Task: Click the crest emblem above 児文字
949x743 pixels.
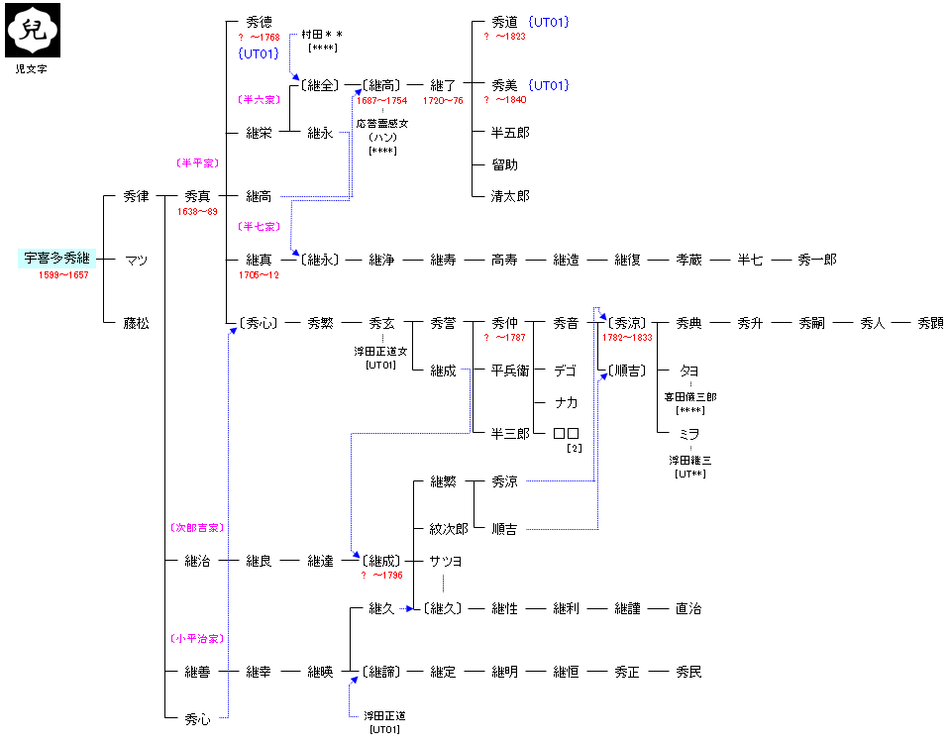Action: tap(33, 31)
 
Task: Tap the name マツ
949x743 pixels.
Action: tap(136, 261)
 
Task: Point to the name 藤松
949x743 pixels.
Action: tap(136, 323)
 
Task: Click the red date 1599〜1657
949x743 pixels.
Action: tap(63, 275)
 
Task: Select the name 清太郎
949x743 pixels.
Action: tap(510, 196)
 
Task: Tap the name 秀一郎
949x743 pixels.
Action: tap(817, 260)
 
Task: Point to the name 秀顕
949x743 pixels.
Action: tap(930, 323)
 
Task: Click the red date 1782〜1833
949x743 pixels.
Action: tap(626, 338)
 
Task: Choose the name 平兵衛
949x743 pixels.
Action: tap(510, 371)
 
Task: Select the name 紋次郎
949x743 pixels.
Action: tap(448, 529)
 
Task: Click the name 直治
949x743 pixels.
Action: tap(688, 608)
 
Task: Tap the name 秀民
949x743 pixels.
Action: tap(688, 672)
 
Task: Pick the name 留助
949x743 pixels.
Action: tap(504, 164)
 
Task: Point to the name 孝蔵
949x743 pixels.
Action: tap(688, 260)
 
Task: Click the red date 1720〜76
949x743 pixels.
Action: tap(443, 100)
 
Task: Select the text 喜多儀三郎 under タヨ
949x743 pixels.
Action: tap(690, 396)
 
